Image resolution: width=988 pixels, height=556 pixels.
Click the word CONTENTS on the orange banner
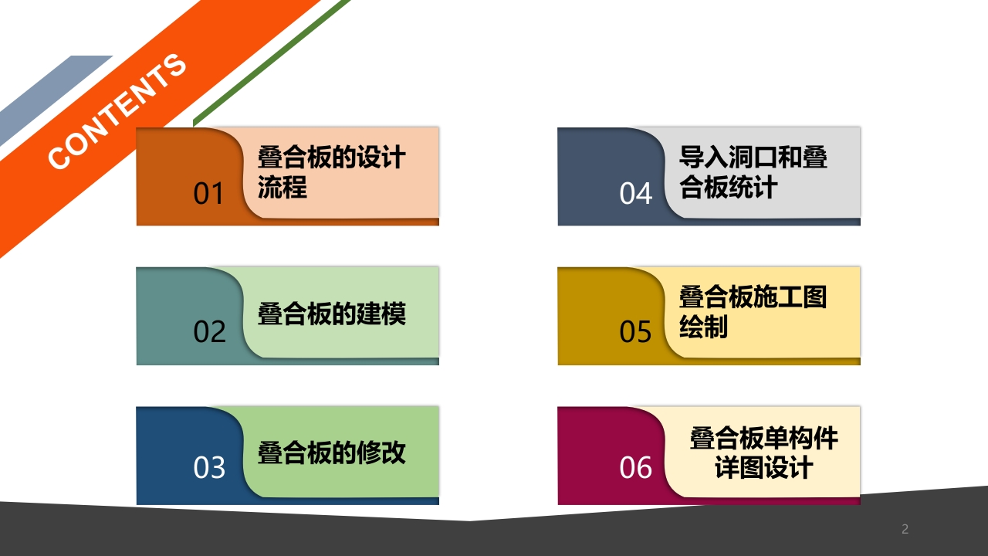[117, 111]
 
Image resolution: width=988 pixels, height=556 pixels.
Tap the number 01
[208, 193]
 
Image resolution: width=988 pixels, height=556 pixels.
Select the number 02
[209, 331]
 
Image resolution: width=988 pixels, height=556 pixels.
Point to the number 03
[209, 467]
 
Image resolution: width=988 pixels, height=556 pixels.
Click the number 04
[635, 193]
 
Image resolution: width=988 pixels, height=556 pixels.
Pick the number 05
[635, 331]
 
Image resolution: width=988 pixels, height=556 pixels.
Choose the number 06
[635, 467]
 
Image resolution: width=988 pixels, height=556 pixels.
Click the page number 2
[905, 529]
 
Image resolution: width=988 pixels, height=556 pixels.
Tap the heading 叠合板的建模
[332, 314]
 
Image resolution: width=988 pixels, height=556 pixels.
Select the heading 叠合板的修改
[332, 453]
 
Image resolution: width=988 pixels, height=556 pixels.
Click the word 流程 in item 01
[283, 187]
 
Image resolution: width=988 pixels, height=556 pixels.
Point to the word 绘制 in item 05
[703, 327]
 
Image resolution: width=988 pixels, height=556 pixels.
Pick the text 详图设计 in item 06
[764, 467]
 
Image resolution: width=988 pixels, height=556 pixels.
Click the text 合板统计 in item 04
[728, 187]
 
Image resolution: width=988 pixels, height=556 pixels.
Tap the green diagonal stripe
[272, 63]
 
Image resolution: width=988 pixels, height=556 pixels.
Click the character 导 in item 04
[691, 157]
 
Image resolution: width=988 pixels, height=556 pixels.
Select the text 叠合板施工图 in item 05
[753, 297]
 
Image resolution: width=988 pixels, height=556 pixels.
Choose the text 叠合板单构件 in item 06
[764, 438]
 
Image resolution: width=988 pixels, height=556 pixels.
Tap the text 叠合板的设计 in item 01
[332, 157]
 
